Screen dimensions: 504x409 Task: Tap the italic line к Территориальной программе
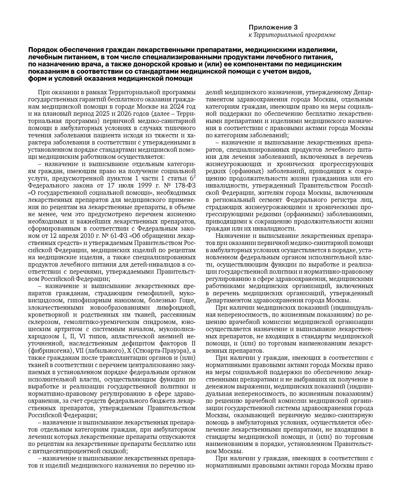292,35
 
